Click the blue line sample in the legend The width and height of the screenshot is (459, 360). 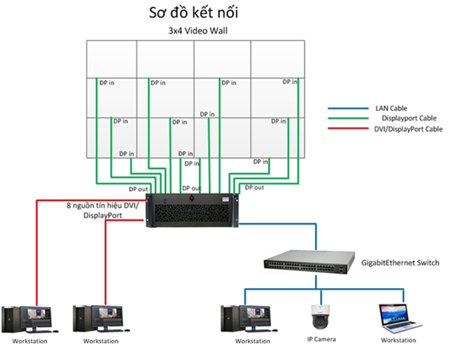click(345, 109)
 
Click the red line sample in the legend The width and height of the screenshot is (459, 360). click(345, 130)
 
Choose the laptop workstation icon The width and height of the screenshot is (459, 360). click(396, 318)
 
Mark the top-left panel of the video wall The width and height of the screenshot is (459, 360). click(111, 58)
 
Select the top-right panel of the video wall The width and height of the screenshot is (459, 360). click(279, 58)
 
